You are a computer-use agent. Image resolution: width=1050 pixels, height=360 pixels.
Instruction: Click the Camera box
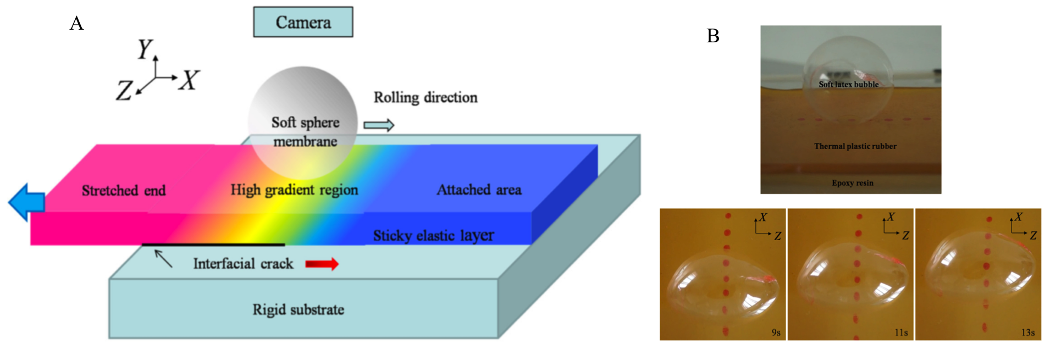303,22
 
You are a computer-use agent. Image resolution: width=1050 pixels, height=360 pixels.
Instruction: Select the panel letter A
76,23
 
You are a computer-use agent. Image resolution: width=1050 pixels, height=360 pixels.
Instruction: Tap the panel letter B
713,36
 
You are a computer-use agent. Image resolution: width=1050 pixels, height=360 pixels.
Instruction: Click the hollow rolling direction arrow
379,125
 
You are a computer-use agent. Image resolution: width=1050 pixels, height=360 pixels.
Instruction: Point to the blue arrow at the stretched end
27,202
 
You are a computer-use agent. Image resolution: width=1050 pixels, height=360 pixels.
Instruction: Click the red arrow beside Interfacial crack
322,264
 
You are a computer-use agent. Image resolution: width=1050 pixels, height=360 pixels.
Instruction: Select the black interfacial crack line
213,245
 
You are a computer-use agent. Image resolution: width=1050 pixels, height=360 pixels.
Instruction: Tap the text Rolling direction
425,97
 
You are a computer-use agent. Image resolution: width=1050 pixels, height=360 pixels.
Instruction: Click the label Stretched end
124,191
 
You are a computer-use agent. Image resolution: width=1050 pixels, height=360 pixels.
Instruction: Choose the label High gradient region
294,190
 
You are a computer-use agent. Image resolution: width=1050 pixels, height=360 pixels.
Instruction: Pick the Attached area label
479,190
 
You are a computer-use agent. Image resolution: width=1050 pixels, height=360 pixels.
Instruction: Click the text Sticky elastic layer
433,236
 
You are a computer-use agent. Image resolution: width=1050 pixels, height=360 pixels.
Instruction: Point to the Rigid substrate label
298,309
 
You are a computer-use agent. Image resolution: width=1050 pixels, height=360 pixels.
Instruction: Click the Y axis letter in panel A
145,49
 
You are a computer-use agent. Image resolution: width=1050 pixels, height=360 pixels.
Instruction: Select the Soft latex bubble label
848,85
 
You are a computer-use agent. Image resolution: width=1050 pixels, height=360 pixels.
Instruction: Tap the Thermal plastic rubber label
855,146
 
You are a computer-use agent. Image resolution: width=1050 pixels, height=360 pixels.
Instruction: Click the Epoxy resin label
852,183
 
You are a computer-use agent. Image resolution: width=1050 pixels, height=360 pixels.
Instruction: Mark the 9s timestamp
776,333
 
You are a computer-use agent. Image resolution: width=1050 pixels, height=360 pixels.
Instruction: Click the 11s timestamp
901,333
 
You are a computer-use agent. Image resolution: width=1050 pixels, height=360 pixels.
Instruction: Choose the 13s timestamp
1028,333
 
